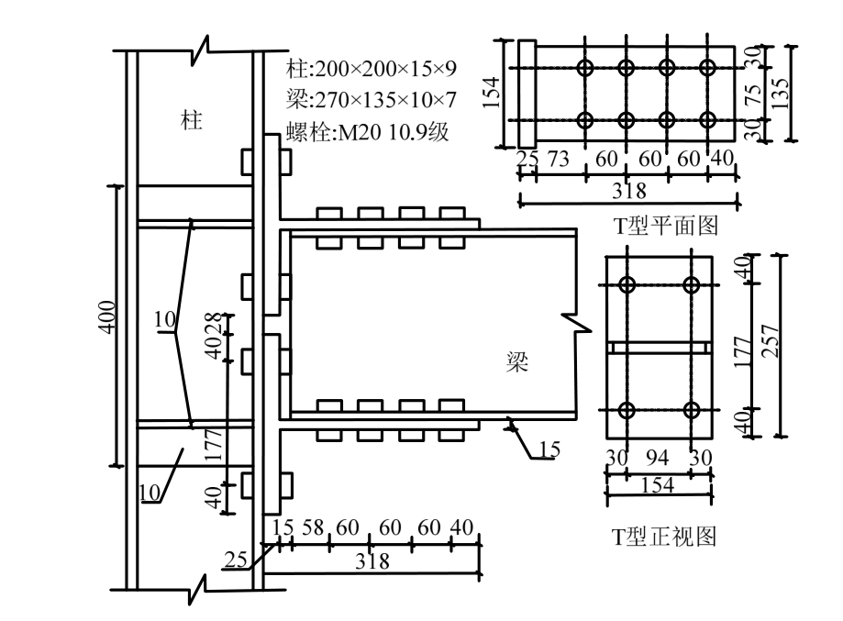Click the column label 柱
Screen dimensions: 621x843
coord(191,120)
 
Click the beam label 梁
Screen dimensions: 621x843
coord(518,360)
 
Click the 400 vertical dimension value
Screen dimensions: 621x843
coord(108,316)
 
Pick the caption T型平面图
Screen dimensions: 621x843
coord(666,224)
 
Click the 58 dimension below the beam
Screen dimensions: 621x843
coord(313,528)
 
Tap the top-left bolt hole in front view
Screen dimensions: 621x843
coord(627,284)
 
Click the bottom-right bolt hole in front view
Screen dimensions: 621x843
coord(691,409)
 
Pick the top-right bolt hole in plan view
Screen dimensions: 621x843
coord(707,67)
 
